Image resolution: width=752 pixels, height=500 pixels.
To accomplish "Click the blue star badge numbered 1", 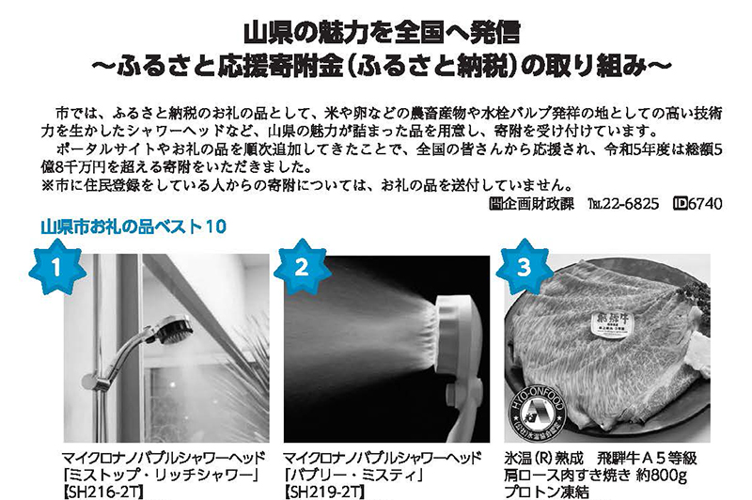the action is (57, 268).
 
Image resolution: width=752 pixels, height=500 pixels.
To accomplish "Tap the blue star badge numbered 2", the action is (302, 268).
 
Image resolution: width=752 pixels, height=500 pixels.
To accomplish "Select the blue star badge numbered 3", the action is (525, 268).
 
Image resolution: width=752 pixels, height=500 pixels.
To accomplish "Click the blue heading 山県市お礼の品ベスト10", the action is (133, 227).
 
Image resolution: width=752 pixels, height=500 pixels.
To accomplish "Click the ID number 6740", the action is (705, 204).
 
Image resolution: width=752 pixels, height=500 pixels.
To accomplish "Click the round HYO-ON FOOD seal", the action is (537, 413).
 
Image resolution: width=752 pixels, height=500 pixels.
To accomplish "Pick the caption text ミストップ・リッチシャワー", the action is (163, 476).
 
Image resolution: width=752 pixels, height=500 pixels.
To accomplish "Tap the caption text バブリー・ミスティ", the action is (354, 476).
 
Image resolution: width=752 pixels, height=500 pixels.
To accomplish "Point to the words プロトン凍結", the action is (547, 492).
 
